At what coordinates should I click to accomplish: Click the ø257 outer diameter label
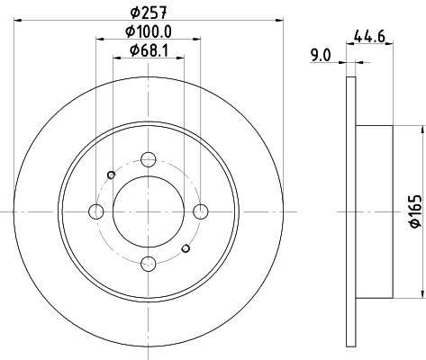148,13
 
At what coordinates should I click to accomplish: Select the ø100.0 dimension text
149,31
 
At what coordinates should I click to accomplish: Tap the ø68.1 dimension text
149,50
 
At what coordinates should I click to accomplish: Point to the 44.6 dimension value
369,37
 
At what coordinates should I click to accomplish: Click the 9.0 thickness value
321,55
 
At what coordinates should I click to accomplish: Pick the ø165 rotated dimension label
416,211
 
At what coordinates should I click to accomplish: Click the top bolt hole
149,159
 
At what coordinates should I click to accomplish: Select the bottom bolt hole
149,264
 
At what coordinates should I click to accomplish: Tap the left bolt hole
96,211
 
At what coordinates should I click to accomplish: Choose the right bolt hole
201,211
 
